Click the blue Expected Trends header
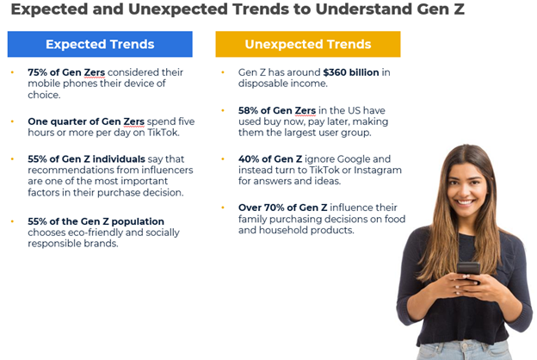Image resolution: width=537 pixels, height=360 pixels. (x=100, y=44)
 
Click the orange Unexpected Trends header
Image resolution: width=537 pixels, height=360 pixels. (x=308, y=44)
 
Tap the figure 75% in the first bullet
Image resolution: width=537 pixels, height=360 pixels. (x=37, y=72)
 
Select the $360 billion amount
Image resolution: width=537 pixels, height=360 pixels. (x=351, y=72)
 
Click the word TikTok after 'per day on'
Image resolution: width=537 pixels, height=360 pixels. (x=163, y=133)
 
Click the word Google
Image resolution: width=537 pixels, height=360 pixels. (x=354, y=159)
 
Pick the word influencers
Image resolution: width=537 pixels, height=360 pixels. (x=167, y=170)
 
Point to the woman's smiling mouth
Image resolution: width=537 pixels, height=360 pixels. (x=465, y=202)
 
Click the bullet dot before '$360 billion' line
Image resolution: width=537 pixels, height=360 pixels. (x=223, y=72)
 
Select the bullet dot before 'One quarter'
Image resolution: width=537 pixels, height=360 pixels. (x=12, y=121)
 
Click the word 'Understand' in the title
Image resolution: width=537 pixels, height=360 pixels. (x=363, y=9)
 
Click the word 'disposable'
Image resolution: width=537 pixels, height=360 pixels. (x=262, y=84)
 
